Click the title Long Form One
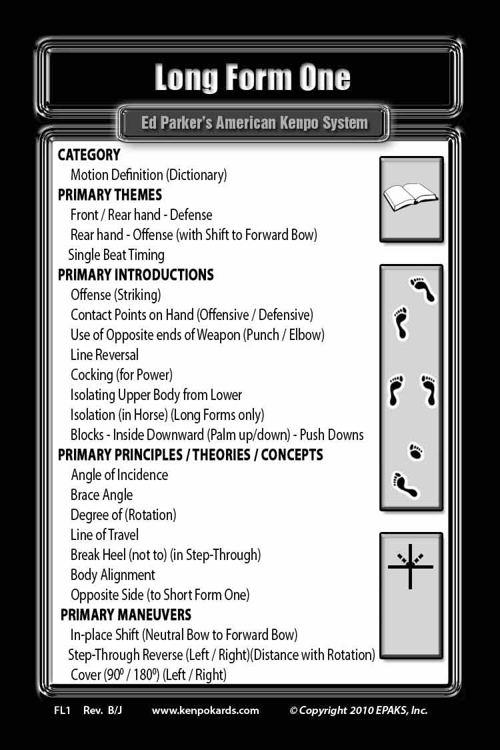[252, 78]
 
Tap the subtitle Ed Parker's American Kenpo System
[254, 123]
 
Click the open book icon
[411, 197]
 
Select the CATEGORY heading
[89, 155]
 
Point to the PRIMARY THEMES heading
[109, 195]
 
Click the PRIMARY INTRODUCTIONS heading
[135, 275]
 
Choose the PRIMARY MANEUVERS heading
[125, 615]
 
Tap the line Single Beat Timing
[116, 255]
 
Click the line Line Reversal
[105, 355]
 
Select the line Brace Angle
[101, 495]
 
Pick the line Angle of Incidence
[119, 475]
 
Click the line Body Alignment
[113, 575]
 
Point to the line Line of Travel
[105, 535]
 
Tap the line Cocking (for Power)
[121, 375]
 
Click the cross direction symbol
[411, 567]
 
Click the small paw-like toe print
[416, 452]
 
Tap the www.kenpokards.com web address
[205, 710]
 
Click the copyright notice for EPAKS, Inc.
[358, 710]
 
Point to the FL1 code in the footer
[62, 710]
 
